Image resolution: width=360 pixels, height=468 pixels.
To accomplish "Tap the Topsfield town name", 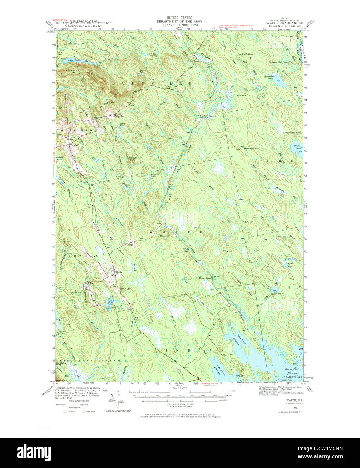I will [75, 145].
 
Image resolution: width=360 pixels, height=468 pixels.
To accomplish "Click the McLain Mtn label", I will [165, 236].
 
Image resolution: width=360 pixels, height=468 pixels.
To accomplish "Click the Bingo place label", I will [130, 245].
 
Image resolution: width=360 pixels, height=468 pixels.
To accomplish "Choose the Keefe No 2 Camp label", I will [280, 62].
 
